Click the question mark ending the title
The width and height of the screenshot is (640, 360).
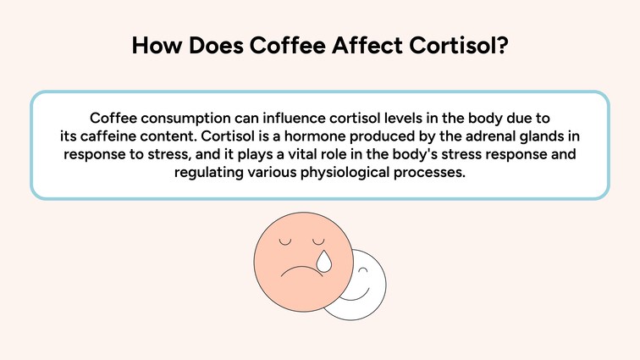point(502,46)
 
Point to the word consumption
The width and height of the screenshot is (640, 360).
point(185,117)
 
